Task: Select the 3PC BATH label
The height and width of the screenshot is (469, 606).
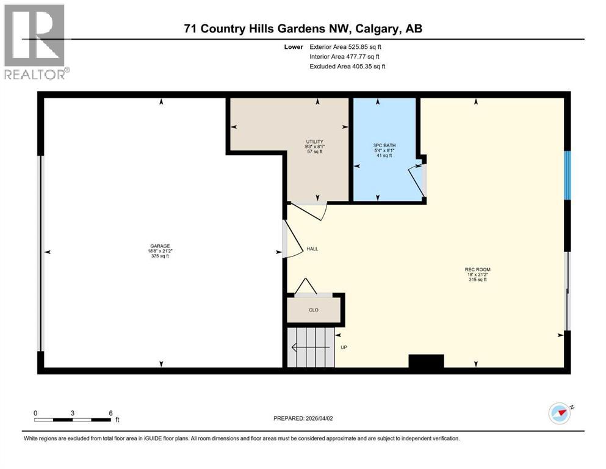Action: (x=383, y=145)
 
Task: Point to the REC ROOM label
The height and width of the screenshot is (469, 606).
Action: (x=477, y=269)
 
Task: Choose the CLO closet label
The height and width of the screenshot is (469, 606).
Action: (x=314, y=310)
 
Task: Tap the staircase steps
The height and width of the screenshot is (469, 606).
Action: (x=310, y=347)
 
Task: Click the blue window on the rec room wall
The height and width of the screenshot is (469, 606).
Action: (x=567, y=175)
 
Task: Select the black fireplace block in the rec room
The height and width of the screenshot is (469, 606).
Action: (x=426, y=362)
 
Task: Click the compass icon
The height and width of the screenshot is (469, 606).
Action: (x=560, y=413)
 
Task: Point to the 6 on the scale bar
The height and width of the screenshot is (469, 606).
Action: (x=110, y=413)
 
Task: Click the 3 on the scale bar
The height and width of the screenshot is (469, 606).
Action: (x=73, y=413)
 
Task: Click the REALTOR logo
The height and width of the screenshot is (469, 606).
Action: (x=35, y=42)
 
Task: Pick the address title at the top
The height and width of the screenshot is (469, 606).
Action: (x=304, y=28)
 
